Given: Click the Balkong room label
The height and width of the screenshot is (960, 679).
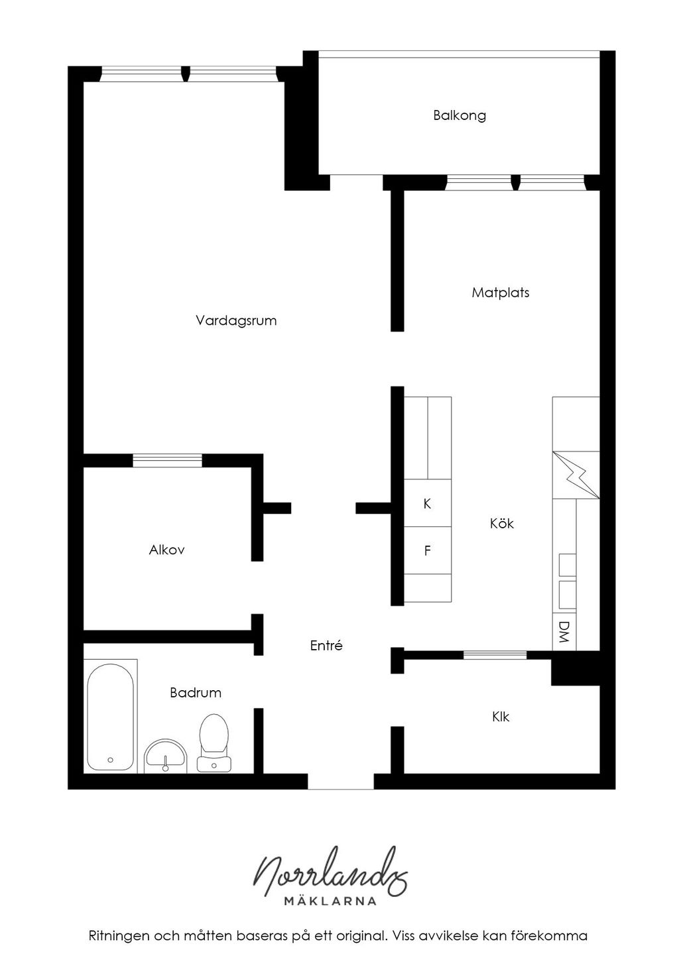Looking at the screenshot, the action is coord(459,116).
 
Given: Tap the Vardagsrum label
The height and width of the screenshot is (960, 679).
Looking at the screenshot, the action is coord(236,321).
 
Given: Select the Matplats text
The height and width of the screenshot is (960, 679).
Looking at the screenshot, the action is coord(500,293).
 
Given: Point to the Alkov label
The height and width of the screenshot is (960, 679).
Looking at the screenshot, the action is coord(166,550).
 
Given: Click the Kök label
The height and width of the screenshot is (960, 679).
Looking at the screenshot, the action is coord(501,523).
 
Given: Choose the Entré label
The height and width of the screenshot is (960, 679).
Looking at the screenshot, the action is coord(326,646).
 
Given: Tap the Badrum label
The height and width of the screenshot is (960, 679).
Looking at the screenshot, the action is coord(196,693).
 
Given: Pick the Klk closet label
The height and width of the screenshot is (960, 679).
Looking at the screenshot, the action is coord(501,717).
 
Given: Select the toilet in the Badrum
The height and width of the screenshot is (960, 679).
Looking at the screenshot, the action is coord(214,743).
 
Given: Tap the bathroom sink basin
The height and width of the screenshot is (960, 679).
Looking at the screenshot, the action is coord(166,756).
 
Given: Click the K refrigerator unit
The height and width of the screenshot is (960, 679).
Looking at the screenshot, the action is coord(428,503).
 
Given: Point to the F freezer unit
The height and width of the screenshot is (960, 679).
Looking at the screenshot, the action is coord(428,550).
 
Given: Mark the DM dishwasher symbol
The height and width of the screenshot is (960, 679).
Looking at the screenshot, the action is coord(564,632).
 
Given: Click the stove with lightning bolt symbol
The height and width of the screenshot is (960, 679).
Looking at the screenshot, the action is coord(576,475).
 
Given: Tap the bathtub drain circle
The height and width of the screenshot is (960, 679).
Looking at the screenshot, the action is coord(110,760).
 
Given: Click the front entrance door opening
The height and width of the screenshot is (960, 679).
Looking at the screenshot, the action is coord(341,782).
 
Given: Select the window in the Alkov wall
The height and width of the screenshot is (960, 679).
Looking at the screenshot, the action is coord(167,460).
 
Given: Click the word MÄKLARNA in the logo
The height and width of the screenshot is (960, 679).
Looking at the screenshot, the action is coord(330,901).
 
